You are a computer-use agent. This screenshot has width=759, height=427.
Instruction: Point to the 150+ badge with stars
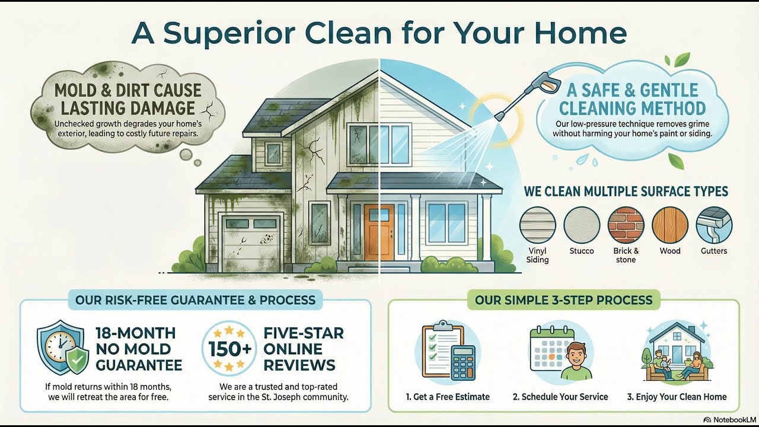coord(231,348)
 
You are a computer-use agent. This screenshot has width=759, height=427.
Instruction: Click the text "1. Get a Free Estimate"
coord(448,397)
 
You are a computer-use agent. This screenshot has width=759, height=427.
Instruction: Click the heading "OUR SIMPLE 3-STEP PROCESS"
coord(564,300)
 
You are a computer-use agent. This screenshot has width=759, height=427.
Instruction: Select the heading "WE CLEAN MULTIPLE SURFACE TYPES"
coord(626,192)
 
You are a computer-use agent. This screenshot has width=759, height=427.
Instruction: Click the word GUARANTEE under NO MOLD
coord(139,364)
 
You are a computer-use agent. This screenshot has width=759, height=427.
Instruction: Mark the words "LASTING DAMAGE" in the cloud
coord(125,108)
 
